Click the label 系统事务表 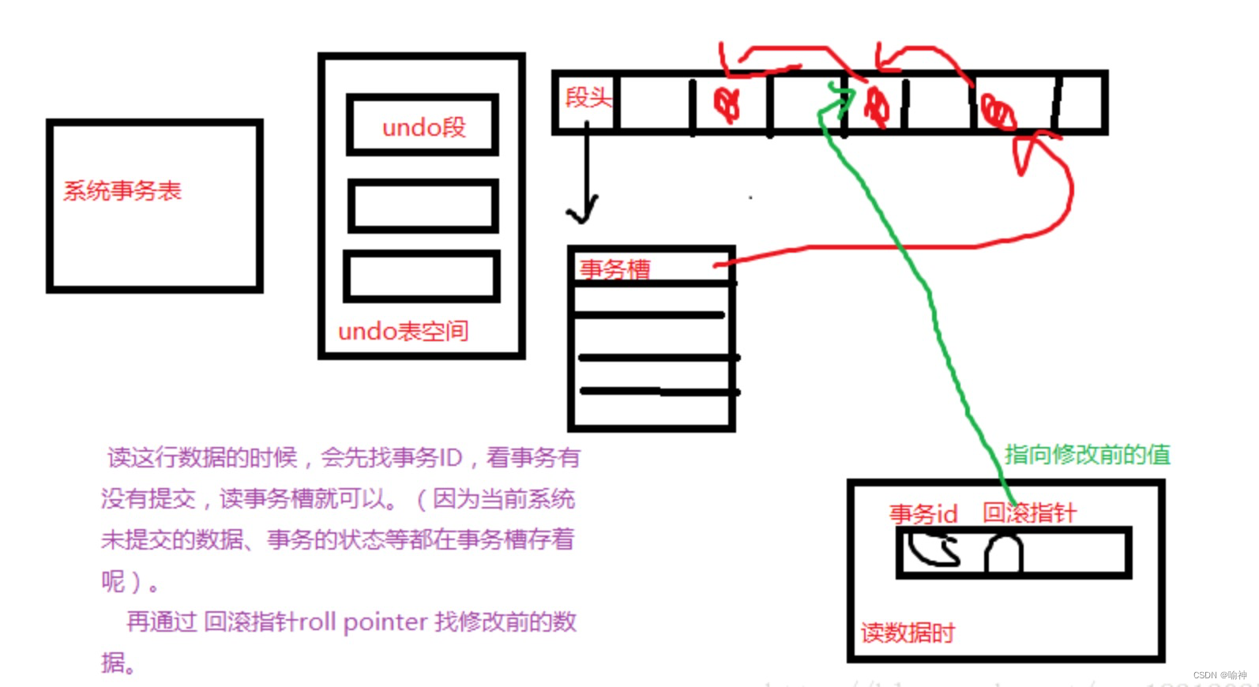122,191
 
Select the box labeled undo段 423,126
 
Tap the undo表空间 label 403,331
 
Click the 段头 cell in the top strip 588,99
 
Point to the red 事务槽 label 614,269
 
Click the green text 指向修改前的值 1087,455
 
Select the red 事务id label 923,514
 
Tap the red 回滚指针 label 1029,513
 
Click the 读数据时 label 908,633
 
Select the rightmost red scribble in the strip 998,111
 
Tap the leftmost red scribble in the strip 727,103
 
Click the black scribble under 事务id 934,550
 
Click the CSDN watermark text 1220,675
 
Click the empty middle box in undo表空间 423,205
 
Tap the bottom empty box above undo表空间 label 423,276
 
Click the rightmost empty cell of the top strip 1080,103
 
